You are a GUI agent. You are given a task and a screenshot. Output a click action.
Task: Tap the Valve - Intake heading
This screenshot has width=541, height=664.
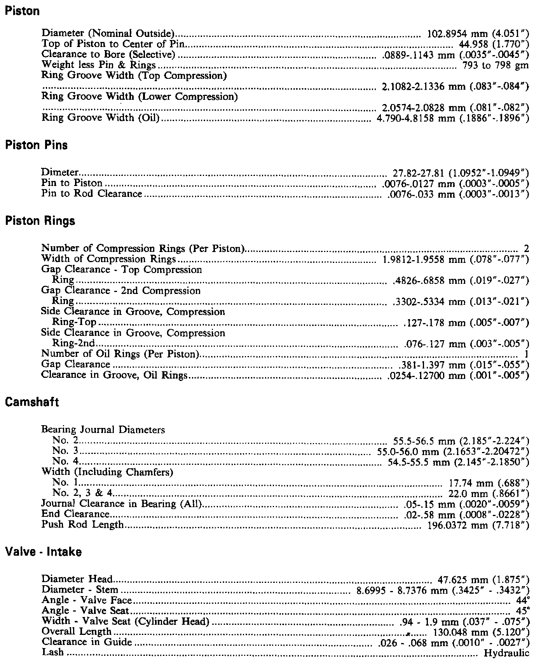(43, 552)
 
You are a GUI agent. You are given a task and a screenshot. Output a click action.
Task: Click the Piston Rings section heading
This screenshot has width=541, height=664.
(39, 221)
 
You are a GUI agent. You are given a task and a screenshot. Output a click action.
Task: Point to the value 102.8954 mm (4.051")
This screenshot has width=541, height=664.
(478, 34)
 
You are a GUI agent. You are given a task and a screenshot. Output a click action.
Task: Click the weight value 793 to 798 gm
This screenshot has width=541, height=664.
(496, 65)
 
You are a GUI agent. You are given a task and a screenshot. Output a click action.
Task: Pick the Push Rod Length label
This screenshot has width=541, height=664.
(82, 525)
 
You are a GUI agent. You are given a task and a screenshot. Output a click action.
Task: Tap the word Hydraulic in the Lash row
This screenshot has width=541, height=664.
(506, 653)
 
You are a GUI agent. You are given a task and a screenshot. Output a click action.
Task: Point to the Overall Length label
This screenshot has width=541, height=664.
(77, 632)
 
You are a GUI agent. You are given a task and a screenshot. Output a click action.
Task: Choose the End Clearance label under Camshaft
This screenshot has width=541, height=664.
(75, 515)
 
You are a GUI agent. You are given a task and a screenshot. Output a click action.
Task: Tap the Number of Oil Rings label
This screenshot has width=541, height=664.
(120, 354)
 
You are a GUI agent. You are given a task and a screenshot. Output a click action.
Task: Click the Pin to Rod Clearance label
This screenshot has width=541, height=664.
(92, 193)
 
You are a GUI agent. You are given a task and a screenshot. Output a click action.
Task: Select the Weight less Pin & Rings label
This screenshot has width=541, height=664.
(99, 65)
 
